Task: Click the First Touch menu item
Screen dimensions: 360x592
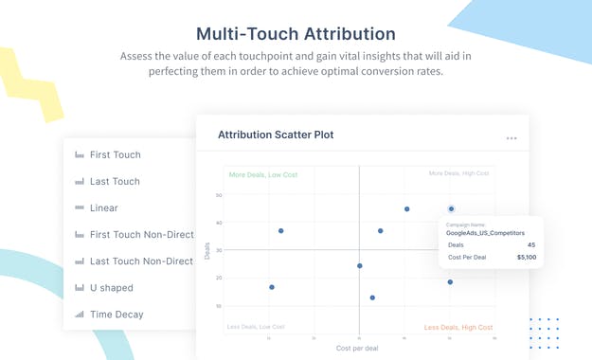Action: [115, 154]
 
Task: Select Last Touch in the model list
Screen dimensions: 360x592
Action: [114, 181]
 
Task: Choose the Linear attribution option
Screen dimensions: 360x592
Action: [103, 207]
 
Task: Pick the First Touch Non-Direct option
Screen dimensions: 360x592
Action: [141, 234]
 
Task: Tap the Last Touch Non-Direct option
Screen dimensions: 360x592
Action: [141, 261]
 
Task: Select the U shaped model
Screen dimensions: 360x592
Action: [111, 287]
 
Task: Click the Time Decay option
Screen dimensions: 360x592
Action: [116, 314]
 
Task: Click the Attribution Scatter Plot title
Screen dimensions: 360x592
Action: [276, 135]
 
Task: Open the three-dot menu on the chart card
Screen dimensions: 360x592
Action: [511, 138]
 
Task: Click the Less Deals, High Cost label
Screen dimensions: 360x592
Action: [458, 327]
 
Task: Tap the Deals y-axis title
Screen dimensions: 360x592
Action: [208, 250]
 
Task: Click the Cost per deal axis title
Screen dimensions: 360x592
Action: [358, 349]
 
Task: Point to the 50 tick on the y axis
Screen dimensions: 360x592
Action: [219, 195]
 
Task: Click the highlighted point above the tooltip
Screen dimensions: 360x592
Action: [451, 208]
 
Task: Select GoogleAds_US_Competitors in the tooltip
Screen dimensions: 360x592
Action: [485, 232]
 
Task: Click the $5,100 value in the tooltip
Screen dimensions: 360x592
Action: [526, 257]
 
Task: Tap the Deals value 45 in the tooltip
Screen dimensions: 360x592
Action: [530, 243]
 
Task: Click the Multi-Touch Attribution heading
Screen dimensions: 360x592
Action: [296, 33]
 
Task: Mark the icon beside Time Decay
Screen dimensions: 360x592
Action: [79, 314]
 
